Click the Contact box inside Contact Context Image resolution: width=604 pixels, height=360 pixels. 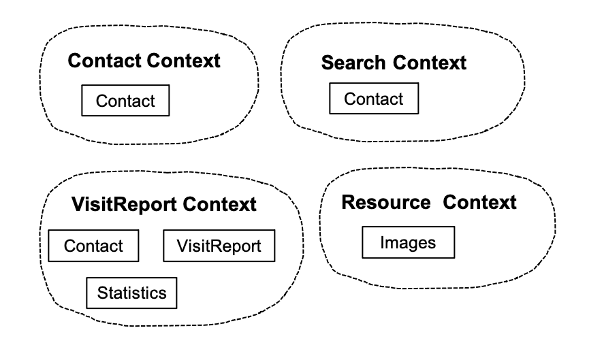(x=125, y=101)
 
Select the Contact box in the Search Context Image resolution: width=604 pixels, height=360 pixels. (x=374, y=99)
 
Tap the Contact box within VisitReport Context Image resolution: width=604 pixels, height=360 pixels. (x=93, y=246)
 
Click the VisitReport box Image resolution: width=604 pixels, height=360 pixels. (x=219, y=246)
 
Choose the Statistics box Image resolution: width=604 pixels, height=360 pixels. (x=131, y=293)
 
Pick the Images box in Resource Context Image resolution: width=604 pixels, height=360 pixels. (x=407, y=242)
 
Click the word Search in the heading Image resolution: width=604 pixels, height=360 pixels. (x=354, y=63)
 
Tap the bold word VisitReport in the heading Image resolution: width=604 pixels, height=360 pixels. (x=125, y=204)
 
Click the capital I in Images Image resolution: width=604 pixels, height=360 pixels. (x=383, y=242)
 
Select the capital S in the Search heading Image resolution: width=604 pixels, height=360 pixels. (x=326, y=63)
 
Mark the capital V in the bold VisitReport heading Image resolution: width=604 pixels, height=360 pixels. (x=77, y=204)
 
